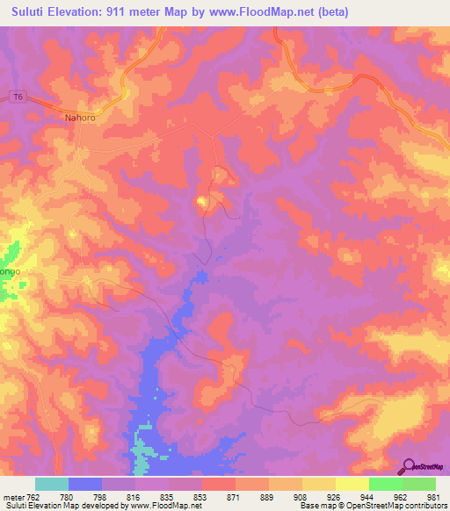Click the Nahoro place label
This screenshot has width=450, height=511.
(x=79, y=116)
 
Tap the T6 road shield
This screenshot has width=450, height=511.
(x=17, y=97)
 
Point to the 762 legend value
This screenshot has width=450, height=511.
(x=33, y=496)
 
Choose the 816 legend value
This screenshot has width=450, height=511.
(x=134, y=496)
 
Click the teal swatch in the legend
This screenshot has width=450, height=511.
(x=52, y=484)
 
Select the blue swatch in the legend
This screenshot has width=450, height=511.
(x=85, y=484)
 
